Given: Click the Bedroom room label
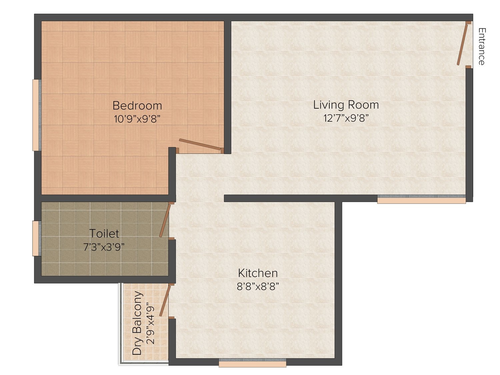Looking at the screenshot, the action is tap(137, 106).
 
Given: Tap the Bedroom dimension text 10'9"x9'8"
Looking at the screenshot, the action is tap(137, 119).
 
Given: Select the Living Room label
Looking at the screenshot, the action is tap(346, 105).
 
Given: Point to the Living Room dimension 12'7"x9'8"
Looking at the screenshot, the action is tap(346, 118).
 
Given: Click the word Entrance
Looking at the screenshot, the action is tap(482, 46).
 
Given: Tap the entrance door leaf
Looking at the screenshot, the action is tap(462, 45).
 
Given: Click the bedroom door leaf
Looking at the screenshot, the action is tap(200, 144).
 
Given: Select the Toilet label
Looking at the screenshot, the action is tap(104, 233).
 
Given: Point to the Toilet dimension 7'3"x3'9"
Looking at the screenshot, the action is tap(104, 247).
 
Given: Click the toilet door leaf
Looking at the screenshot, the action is tap(165, 221).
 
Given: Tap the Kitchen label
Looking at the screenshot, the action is tap(258, 273).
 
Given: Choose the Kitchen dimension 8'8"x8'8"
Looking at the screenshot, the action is tap(258, 286).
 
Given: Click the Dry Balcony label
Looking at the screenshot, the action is tap(137, 323).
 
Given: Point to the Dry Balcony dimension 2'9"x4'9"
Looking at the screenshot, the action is tap(151, 323).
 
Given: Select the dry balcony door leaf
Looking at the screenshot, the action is tap(165, 301).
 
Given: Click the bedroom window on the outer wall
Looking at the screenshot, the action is tap(37, 115).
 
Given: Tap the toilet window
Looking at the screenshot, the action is tap(37, 238).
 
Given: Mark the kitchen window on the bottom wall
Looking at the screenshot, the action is tap(252, 363).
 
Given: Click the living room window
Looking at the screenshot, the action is tap(421, 199).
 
